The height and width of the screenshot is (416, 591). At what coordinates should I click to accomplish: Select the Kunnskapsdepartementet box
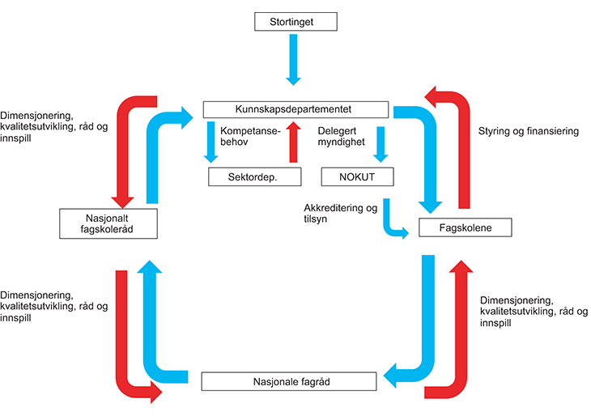click(x=294, y=109)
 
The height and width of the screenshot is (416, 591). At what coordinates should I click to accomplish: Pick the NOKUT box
click(x=357, y=176)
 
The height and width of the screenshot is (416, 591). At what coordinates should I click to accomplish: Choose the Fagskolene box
click(x=466, y=228)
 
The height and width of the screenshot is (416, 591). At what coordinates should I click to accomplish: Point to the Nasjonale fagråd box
click(x=289, y=380)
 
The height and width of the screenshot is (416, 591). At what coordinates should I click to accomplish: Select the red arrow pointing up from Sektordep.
click(x=294, y=142)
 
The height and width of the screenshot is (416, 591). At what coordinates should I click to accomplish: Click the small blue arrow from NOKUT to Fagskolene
click(x=392, y=223)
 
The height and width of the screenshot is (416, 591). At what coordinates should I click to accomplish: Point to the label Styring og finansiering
click(x=529, y=130)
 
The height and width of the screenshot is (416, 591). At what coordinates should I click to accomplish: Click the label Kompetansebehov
click(x=249, y=136)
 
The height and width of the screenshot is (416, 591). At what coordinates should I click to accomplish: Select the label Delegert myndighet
click(x=342, y=136)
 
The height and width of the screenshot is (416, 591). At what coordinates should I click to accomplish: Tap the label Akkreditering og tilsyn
click(x=340, y=214)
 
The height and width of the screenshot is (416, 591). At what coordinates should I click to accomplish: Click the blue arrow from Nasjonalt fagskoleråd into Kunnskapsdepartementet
click(x=153, y=154)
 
